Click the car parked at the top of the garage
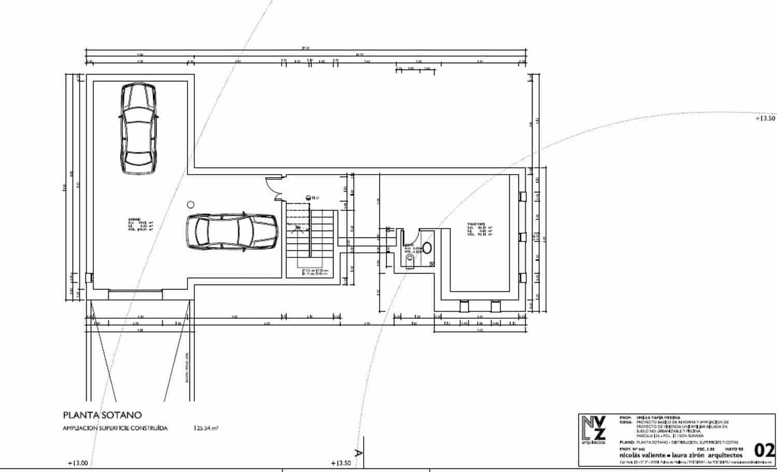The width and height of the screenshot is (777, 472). [138, 130]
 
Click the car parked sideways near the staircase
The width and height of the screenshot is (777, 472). [232, 231]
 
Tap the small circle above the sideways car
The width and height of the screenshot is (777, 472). [191, 205]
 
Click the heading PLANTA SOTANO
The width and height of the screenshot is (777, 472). [102, 415]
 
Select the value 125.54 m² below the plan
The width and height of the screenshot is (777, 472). [206, 428]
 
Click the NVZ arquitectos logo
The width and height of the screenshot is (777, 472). [593, 430]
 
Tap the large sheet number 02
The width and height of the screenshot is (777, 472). [765, 449]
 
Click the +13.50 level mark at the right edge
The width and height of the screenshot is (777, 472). [765, 118]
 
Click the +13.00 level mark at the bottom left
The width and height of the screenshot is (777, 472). [78, 463]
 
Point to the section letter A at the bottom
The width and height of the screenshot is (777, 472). [357, 453]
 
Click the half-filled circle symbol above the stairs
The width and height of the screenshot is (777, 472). [308, 197]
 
